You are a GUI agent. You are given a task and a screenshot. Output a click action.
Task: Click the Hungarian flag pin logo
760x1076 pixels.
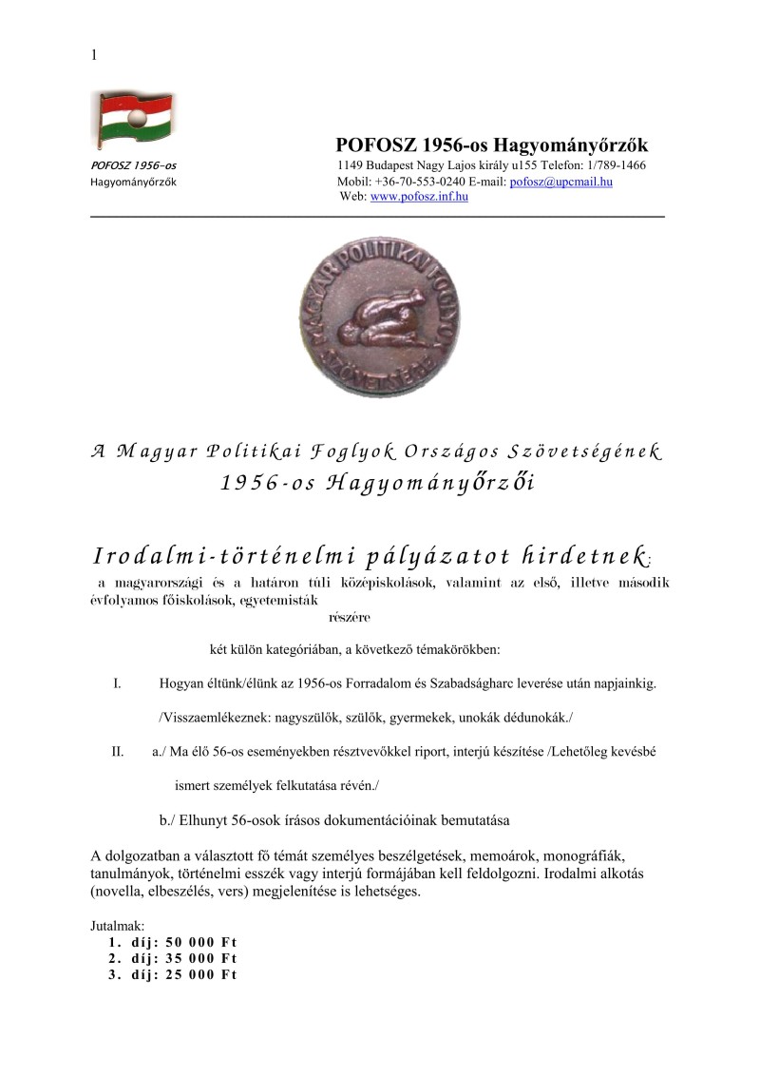coord(132,120)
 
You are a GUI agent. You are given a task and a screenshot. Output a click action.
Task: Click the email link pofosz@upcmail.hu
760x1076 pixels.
coord(560,182)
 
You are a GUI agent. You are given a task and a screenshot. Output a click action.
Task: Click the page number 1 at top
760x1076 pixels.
coord(93,55)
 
